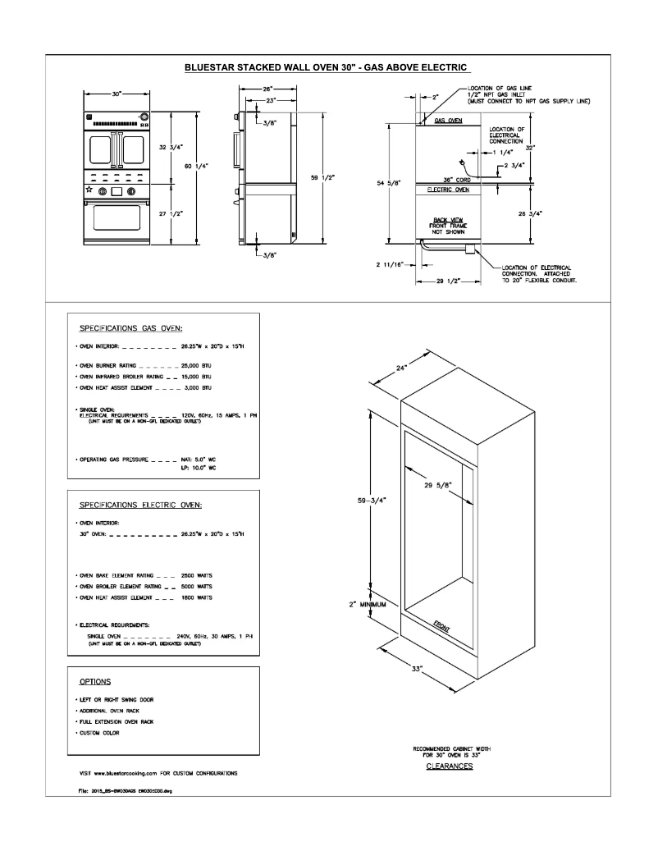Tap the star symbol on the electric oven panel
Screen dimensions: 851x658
[89, 190]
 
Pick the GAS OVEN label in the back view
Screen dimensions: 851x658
[448, 121]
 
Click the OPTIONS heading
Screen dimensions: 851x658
[95, 682]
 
